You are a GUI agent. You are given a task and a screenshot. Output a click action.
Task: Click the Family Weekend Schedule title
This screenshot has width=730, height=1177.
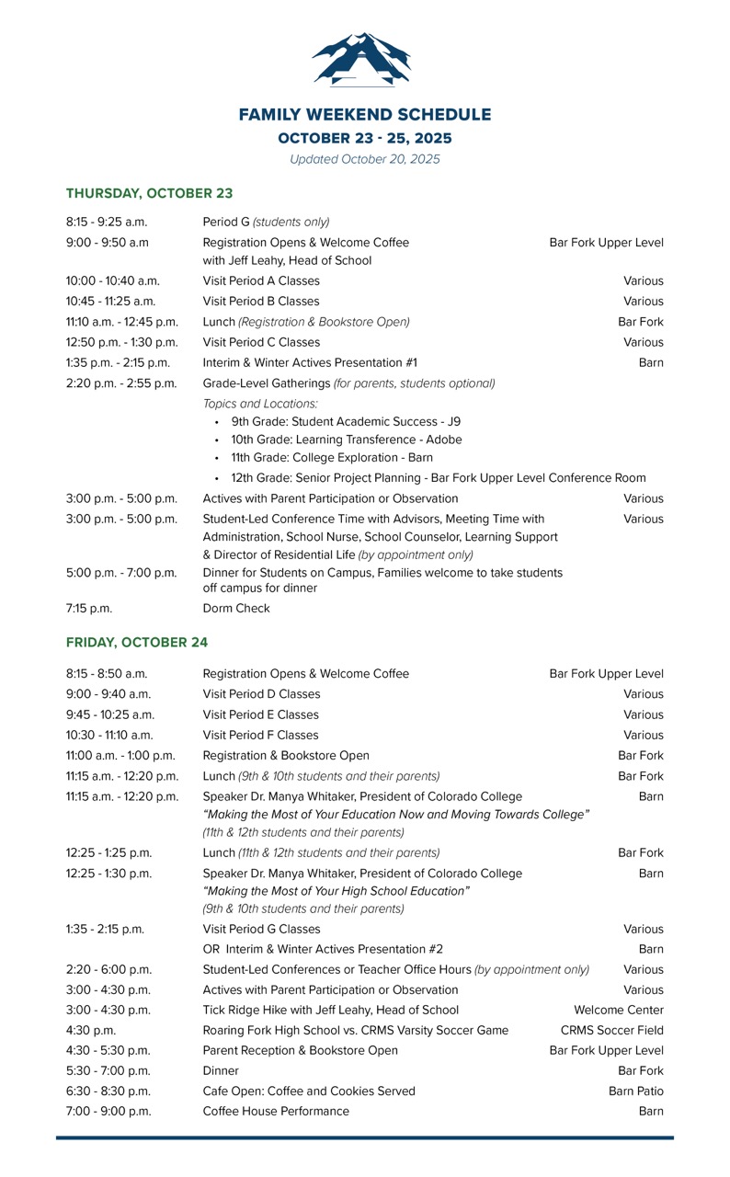pyautogui.click(x=365, y=115)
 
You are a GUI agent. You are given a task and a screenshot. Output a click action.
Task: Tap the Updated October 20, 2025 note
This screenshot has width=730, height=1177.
pyautogui.click(x=365, y=159)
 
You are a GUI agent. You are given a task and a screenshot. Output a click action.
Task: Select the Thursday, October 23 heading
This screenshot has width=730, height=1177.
pyautogui.click(x=149, y=193)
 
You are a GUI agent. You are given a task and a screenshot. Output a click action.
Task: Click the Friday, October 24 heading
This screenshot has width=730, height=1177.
pyautogui.click(x=137, y=642)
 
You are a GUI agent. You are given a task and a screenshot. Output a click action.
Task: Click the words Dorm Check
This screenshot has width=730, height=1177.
pyautogui.click(x=236, y=608)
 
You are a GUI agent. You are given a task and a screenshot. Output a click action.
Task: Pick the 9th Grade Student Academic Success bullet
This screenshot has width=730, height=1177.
pyautogui.click(x=345, y=422)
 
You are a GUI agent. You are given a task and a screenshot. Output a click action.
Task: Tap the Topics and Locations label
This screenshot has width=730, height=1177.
pyautogui.click(x=260, y=404)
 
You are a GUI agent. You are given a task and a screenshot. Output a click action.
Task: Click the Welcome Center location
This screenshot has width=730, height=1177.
pyautogui.click(x=618, y=1010)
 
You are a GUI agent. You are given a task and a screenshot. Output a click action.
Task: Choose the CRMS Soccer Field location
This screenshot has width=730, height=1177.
pyautogui.click(x=611, y=1030)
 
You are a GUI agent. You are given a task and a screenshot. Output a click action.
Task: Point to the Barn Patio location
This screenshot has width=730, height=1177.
pyautogui.click(x=635, y=1091)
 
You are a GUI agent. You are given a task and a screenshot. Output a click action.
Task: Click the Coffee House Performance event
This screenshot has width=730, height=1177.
pyautogui.click(x=276, y=1111)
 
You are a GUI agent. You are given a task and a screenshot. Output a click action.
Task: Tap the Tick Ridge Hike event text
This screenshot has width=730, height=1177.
pyautogui.click(x=330, y=1010)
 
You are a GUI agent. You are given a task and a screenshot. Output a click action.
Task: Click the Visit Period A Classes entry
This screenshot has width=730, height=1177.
pyautogui.click(x=261, y=280)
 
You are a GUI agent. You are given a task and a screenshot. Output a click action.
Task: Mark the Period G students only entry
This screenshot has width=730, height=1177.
pyautogui.click(x=266, y=222)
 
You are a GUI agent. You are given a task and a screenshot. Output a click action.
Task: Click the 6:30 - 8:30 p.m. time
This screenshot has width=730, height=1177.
pyautogui.click(x=108, y=1091)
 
